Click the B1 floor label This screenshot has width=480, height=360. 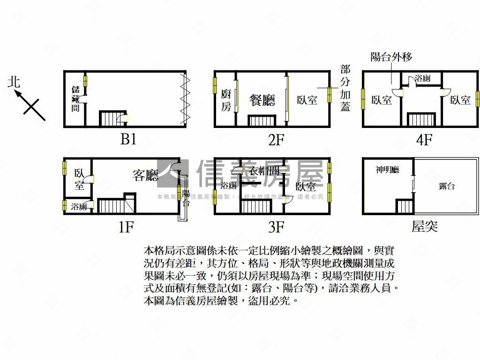click(x=128, y=139)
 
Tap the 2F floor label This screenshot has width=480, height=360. click(x=277, y=139)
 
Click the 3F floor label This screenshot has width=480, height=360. click(x=277, y=227)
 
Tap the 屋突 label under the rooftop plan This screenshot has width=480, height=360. click(x=425, y=227)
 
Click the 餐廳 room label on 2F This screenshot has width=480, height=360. click(x=262, y=100)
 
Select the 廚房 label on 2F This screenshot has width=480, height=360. click(x=225, y=100)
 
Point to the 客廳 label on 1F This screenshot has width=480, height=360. click(x=145, y=175)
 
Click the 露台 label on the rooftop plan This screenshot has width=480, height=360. click(x=447, y=186)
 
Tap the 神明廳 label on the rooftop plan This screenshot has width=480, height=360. click(x=387, y=170)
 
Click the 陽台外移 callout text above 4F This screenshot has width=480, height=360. click(x=391, y=57)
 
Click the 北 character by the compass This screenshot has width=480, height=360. click(x=15, y=82)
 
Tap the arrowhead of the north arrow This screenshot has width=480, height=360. click(x=17, y=93)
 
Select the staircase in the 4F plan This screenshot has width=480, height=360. click(x=421, y=119)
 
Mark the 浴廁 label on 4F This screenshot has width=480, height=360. click(x=423, y=78)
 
